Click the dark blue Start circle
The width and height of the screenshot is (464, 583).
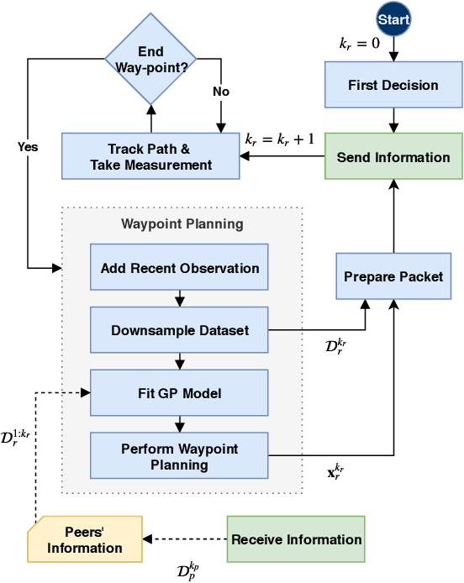pyautogui.click(x=393, y=18)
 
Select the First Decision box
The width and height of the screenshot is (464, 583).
pyautogui.click(x=393, y=85)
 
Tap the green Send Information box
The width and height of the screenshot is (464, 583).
pyautogui.click(x=393, y=157)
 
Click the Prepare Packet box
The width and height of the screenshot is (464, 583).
pyautogui.click(x=393, y=276)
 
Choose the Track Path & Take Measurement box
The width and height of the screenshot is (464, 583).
pyautogui.click(x=151, y=156)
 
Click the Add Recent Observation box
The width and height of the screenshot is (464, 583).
pyautogui.click(x=179, y=268)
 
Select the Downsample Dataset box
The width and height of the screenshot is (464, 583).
pyautogui.click(x=179, y=330)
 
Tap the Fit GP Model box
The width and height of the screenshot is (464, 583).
pyautogui.click(x=179, y=392)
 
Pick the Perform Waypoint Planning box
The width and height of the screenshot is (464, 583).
pyautogui.click(x=179, y=456)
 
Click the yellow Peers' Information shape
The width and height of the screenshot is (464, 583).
pyautogui.click(x=84, y=540)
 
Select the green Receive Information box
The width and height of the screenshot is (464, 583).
pyautogui.click(x=296, y=539)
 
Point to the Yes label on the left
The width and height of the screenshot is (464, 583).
pyautogui.click(x=28, y=146)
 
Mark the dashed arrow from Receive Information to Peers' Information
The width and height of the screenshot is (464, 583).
pyautogui.click(x=185, y=539)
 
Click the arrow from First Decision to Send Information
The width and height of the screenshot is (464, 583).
pyautogui.click(x=393, y=119)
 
